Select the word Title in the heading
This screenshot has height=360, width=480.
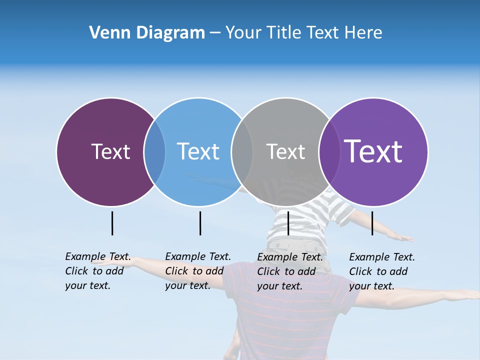(x=283, y=33)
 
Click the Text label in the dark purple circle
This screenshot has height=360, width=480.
(x=110, y=151)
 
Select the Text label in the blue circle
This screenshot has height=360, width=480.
(x=198, y=151)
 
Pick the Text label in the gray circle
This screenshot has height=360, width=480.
(x=285, y=151)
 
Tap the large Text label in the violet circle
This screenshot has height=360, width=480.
(x=373, y=151)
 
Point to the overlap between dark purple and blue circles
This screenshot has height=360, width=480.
(x=154, y=152)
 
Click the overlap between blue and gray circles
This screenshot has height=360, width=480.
(x=242, y=152)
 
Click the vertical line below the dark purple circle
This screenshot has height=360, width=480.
(x=112, y=223)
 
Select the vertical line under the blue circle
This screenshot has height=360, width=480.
(x=200, y=223)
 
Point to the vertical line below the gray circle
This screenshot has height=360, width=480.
(x=288, y=223)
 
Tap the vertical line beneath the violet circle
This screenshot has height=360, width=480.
(x=372, y=223)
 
